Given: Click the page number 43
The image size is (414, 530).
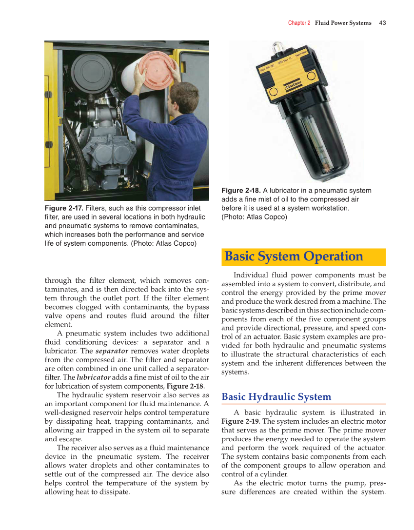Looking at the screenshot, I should click(x=382, y=23).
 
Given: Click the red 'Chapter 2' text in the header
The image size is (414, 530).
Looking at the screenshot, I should click(x=299, y=23).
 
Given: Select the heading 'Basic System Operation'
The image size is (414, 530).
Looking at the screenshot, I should click(x=294, y=256).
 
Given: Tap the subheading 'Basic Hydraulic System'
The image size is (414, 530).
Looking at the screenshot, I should click(x=276, y=397).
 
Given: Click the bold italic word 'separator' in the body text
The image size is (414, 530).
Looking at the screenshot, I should click(x=112, y=351).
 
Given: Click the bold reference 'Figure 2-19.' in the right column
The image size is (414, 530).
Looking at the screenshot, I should click(x=240, y=421).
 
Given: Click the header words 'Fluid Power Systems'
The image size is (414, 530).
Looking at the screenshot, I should click(x=343, y=23).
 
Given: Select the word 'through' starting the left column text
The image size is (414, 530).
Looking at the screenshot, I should click(x=58, y=280).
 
